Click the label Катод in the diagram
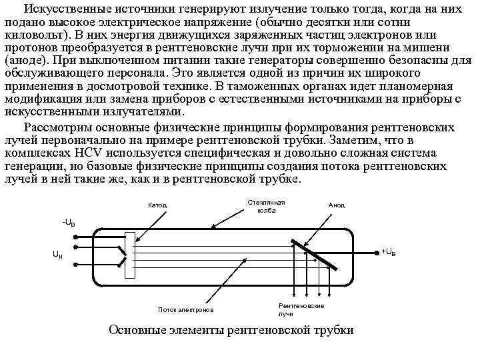point(157,205)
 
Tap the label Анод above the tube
point(337,205)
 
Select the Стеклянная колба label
point(266,206)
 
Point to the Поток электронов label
point(186,310)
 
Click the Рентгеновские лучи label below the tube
point(301,309)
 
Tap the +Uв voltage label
point(389,251)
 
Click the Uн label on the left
point(59,254)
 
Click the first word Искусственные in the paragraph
point(61,7)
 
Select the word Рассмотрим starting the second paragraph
point(55,127)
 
